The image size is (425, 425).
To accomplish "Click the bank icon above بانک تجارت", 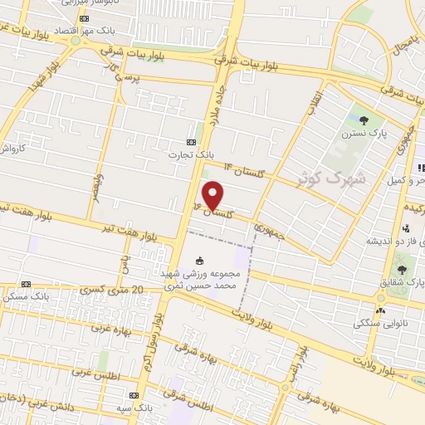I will point(193,142).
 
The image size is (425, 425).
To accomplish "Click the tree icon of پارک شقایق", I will point(403,270).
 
